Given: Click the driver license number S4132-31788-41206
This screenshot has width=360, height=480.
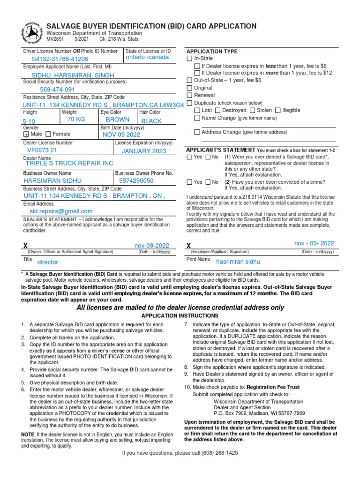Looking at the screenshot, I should tap(60, 59).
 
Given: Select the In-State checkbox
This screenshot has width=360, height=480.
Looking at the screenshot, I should tap(190, 59).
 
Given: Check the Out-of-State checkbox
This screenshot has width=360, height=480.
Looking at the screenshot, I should tap(190, 81).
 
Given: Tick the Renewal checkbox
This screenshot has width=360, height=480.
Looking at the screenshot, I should tap(190, 95).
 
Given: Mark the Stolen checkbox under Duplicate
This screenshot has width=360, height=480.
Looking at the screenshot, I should tap(252, 110).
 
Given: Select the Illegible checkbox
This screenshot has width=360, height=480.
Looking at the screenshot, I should tap(278, 110).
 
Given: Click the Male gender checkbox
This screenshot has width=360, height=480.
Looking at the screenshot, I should tap(26, 134).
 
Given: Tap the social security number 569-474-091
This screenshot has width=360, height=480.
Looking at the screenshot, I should tap(57, 90).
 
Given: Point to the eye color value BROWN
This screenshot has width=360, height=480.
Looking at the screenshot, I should tap(117, 120).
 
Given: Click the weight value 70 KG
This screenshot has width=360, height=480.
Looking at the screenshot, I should tap(76, 120).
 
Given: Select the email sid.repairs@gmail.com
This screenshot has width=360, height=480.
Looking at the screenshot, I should tap(61, 211).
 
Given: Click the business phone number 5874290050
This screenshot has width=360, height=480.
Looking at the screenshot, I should tap(136, 180).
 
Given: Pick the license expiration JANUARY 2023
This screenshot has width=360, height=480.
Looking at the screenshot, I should tap(144, 151).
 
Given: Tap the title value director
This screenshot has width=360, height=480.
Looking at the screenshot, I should tap(48, 262).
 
